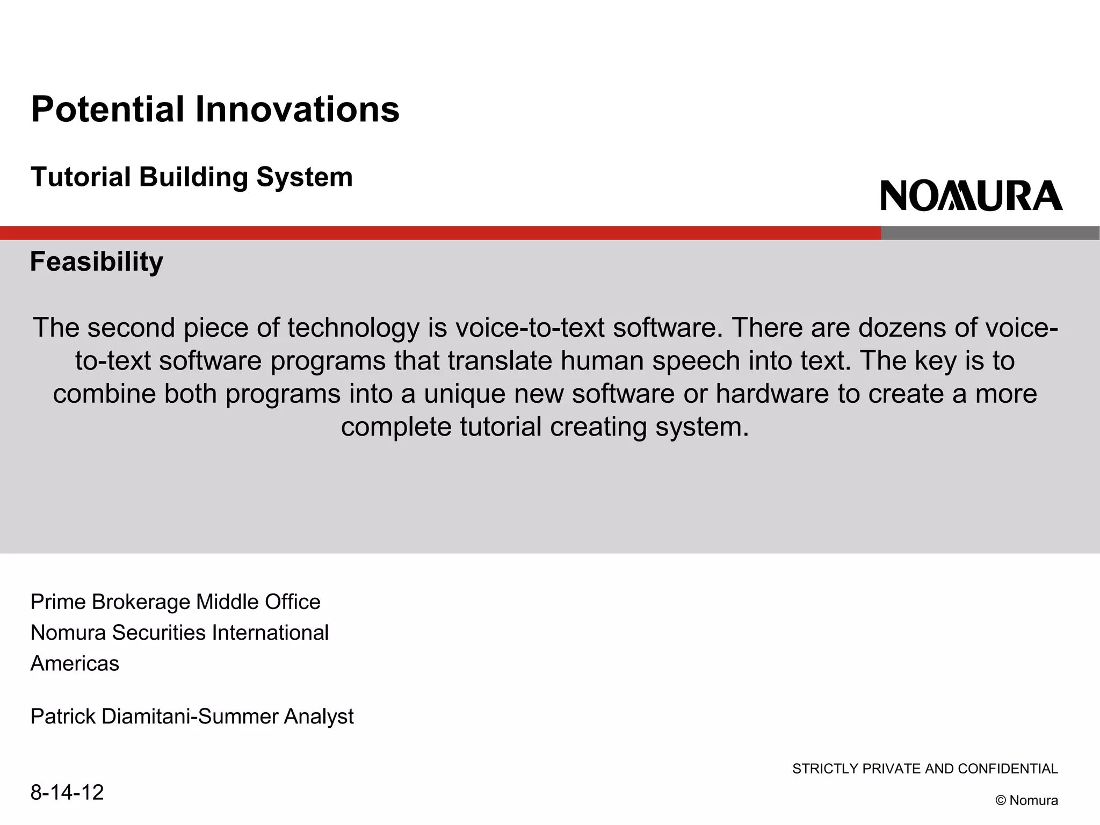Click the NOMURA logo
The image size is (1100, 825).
[971, 196]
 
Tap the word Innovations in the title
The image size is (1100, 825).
[297, 110]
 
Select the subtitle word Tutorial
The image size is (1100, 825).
[81, 177]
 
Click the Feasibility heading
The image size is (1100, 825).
[97, 262]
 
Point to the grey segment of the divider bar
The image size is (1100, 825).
[990, 233]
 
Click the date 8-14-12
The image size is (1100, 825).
[67, 792]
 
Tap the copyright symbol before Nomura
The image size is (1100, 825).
[1000, 801]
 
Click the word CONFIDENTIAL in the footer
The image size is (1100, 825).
[1008, 769]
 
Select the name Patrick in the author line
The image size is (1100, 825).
[63, 717]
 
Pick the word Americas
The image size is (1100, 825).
[75, 664]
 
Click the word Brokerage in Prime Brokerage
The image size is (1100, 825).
[141, 602]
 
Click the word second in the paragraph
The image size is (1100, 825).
[131, 328]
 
